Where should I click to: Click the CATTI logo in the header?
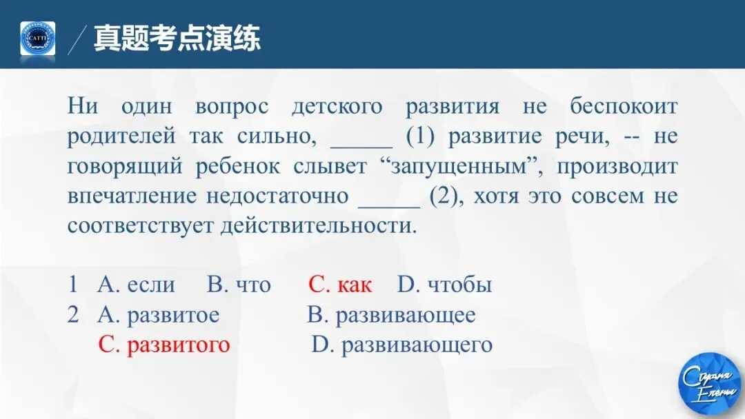pyautogui.click(x=37, y=39)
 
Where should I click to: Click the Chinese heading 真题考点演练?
pyautogui.click(x=177, y=38)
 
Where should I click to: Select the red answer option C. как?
pyautogui.click(x=339, y=285)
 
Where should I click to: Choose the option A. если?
pyautogui.click(x=137, y=285)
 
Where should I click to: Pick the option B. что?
pyautogui.click(x=239, y=285)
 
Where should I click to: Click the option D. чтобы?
pyautogui.click(x=444, y=285)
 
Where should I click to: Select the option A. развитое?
pyautogui.click(x=159, y=315)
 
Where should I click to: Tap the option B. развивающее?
pyautogui.click(x=391, y=315)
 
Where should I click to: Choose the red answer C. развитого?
pyautogui.click(x=164, y=345)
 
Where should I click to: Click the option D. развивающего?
pyautogui.click(x=402, y=345)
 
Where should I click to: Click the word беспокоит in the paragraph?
pyautogui.click(x=624, y=107)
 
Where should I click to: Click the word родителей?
pyautogui.click(x=121, y=136)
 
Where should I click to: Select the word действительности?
pyautogui.click(x=319, y=226)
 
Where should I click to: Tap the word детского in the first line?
pyautogui.click(x=337, y=107)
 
